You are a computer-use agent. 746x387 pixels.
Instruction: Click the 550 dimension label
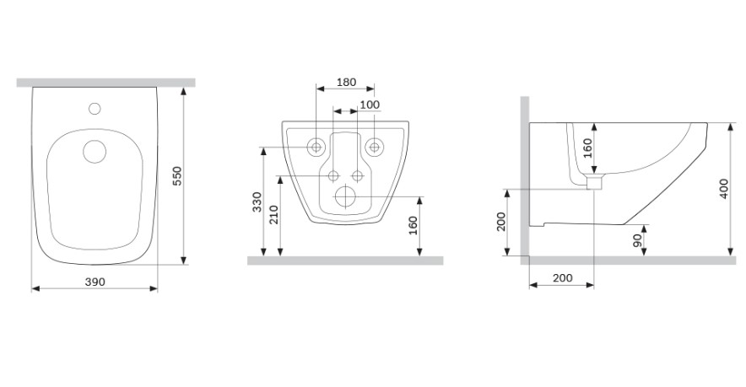pos(176,176)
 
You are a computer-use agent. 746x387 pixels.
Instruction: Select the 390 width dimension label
pos(95,282)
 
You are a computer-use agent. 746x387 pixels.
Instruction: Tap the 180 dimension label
pos(346,83)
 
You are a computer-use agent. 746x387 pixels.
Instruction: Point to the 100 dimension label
pos(370,105)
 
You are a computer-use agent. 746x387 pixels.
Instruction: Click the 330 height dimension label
pos(257,202)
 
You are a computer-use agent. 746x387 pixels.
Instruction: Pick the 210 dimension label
pos(273,214)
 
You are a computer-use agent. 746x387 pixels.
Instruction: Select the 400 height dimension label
pos(724,188)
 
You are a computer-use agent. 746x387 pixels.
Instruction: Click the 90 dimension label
pos(637,240)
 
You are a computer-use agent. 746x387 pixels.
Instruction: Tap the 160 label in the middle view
pos(413,225)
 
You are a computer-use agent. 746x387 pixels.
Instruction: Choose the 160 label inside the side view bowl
pos(587,148)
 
